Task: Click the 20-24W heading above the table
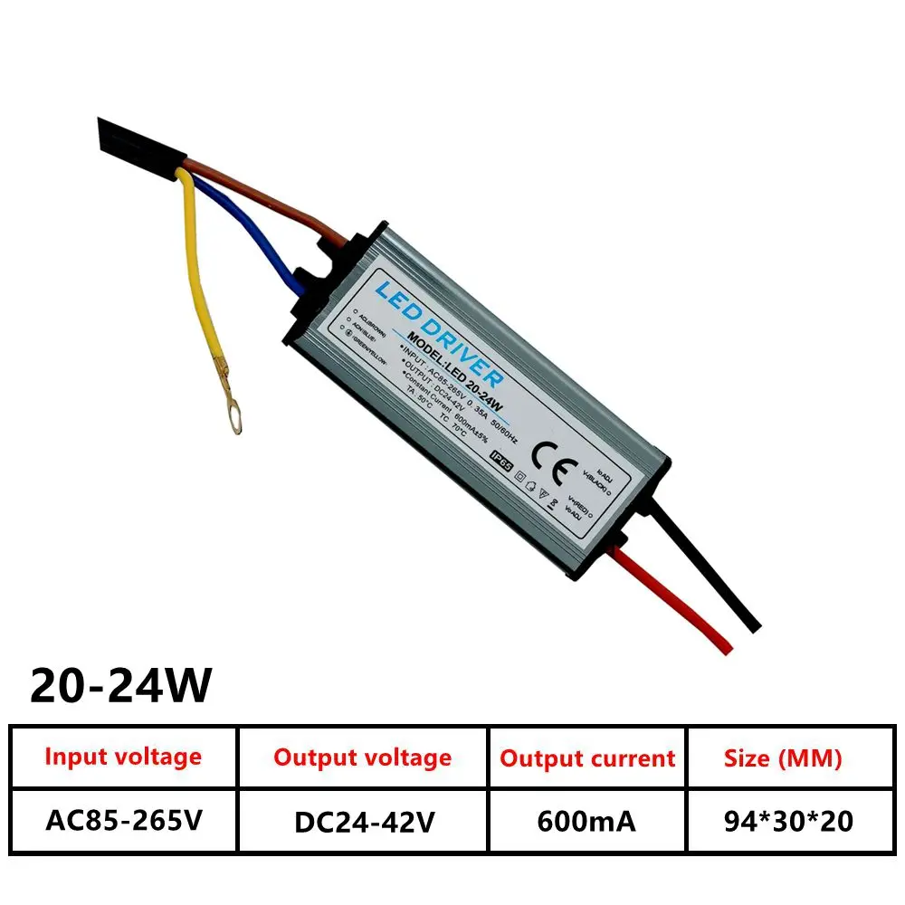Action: click(x=120, y=686)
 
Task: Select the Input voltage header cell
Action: click(x=123, y=757)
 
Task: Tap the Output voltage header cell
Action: click(x=362, y=757)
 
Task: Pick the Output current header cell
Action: click(x=587, y=758)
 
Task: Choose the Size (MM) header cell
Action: click(x=783, y=758)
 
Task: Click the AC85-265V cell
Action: click(x=123, y=821)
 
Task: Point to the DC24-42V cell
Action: click(x=362, y=822)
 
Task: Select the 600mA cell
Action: click(x=587, y=822)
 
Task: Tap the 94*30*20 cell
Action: click(x=783, y=822)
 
